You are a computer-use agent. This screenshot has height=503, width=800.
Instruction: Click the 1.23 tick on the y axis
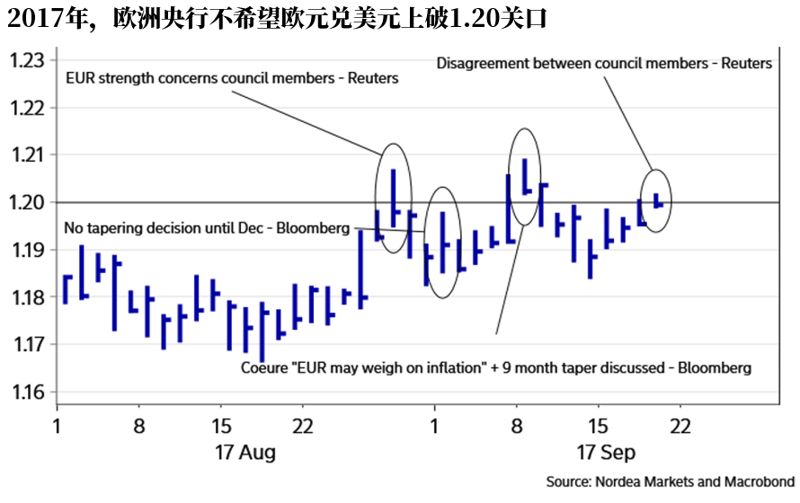(27, 60)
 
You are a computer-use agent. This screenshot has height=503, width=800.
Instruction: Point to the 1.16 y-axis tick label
(27, 393)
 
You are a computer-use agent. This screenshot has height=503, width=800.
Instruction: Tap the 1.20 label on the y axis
(27, 202)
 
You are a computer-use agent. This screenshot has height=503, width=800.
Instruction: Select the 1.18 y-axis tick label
(27, 297)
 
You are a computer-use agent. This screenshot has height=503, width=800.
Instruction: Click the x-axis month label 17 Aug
(244, 451)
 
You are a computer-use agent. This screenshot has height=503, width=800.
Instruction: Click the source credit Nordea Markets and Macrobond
(671, 481)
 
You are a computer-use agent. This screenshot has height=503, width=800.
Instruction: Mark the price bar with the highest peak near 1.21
(524, 176)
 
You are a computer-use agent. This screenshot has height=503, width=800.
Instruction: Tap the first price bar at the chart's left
(65, 288)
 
